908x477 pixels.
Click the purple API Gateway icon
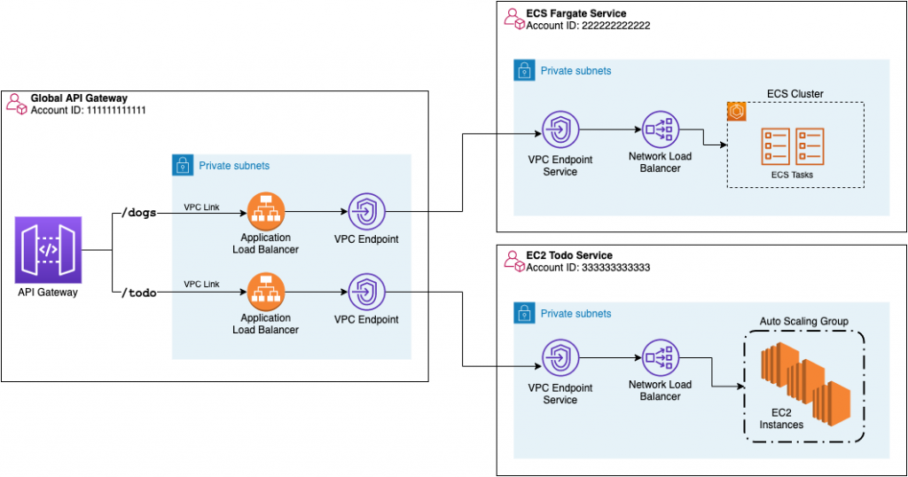click(x=48, y=249)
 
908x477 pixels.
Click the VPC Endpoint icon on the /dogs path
click(x=365, y=212)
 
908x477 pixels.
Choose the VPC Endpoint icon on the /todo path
click(x=365, y=292)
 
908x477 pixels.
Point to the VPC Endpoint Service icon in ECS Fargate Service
click(x=560, y=129)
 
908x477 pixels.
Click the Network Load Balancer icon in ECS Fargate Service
click(x=660, y=129)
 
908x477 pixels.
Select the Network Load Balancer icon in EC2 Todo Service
click(x=660, y=358)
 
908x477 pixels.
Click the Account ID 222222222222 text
click(x=588, y=26)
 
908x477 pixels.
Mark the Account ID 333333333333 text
click(x=588, y=268)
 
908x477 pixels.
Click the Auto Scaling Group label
click(x=803, y=320)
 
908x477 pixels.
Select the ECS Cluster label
click(x=794, y=94)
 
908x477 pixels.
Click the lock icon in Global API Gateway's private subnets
click(x=183, y=165)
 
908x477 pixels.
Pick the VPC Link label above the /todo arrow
click(x=201, y=284)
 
